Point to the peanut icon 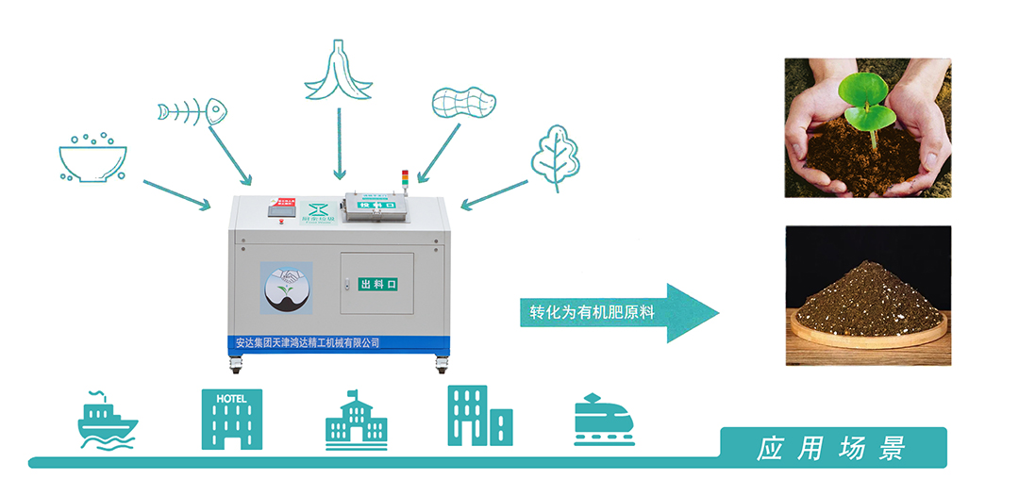463,101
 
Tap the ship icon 107,419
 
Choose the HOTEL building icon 231,419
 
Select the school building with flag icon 356,419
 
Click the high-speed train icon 604,419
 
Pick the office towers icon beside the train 479,416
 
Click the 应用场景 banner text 830,448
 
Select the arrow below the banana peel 338,142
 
